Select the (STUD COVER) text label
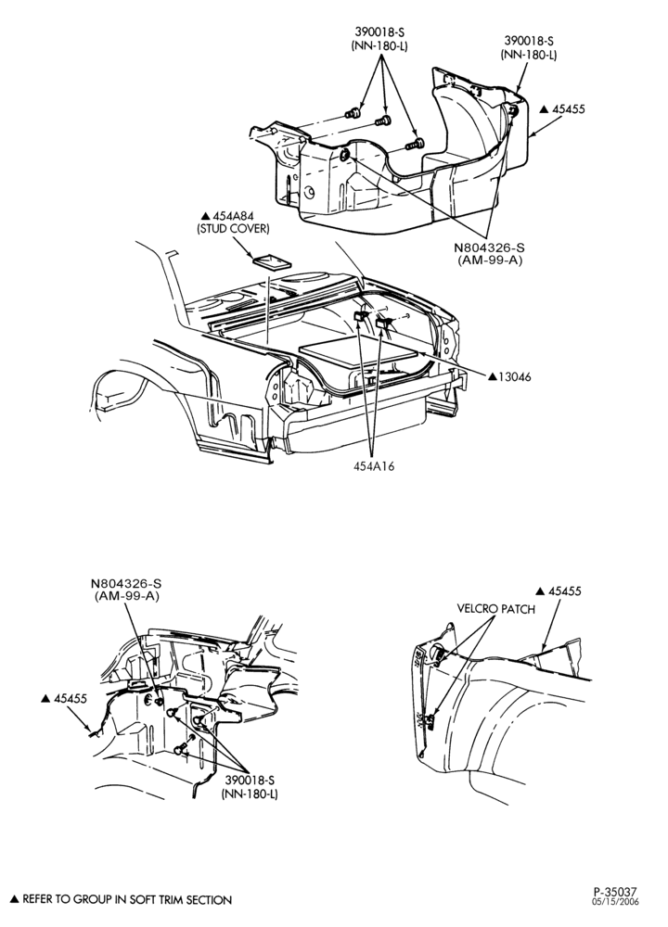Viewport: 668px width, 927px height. (x=233, y=229)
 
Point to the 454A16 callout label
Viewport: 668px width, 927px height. (x=374, y=466)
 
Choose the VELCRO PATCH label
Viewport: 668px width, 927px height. (x=495, y=609)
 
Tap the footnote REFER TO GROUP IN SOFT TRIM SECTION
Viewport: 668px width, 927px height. (x=127, y=900)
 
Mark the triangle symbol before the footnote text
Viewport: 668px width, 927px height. (x=16, y=900)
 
